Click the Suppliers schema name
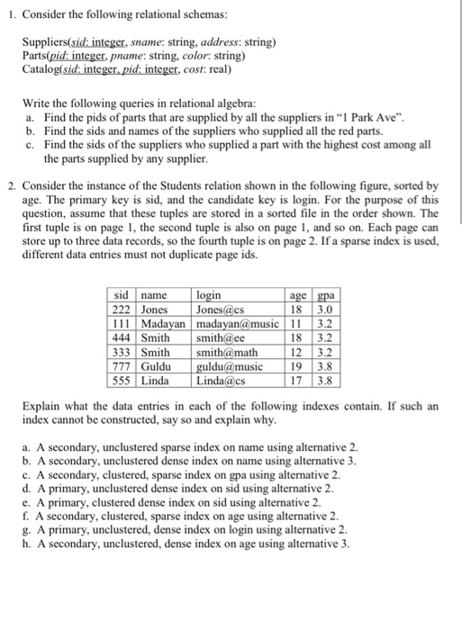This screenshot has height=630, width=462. tap(47, 42)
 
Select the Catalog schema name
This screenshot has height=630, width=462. tap(44, 69)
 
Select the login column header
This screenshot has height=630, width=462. tap(210, 293)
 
